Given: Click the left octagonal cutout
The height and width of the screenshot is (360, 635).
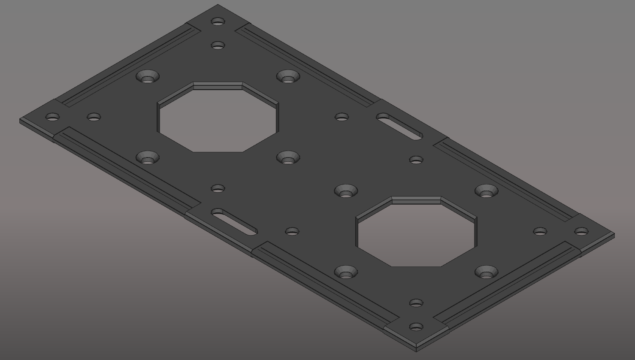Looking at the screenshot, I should [x=218, y=117].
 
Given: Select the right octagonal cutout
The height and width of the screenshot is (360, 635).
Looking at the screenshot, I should [x=416, y=232].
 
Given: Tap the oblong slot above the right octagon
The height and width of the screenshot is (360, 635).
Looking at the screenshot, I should [x=399, y=127].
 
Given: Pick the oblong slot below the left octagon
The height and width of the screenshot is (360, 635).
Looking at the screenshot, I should [x=234, y=222].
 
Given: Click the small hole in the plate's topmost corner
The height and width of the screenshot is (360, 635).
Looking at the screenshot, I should [x=218, y=21].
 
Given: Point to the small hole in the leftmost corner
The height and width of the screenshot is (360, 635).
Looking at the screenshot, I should [x=53, y=117].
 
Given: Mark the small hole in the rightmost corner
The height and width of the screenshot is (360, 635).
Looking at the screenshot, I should [x=581, y=232].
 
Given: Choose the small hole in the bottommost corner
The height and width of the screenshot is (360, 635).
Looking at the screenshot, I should [x=416, y=327].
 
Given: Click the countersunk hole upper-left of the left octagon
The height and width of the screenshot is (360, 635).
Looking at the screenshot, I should [x=148, y=77].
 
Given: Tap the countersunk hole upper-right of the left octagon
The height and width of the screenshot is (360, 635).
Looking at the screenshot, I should [x=288, y=77].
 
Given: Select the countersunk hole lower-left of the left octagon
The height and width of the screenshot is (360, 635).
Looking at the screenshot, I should [x=148, y=158].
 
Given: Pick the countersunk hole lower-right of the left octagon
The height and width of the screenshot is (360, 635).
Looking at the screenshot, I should [x=288, y=158].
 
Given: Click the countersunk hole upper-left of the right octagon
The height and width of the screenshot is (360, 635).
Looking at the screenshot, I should [x=346, y=191].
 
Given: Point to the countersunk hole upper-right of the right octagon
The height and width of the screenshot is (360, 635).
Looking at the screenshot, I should [x=486, y=191].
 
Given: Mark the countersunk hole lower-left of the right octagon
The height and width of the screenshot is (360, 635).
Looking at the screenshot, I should [x=346, y=272].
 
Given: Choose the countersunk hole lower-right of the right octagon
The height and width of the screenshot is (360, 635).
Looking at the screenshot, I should [x=486, y=272].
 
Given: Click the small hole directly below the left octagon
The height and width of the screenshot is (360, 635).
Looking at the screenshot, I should [x=218, y=188].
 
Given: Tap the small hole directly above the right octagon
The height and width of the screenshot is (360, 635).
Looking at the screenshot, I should [x=416, y=160].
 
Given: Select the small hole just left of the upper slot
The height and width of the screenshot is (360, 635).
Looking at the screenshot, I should [x=342, y=117].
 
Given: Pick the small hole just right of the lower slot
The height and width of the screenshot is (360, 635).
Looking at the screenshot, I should [x=292, y=232].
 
